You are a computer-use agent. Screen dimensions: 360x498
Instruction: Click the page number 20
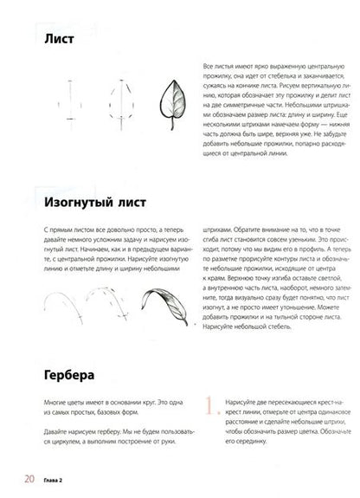(x=29, y=478)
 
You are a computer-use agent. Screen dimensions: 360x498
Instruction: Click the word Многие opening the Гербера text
(x=55, y=404)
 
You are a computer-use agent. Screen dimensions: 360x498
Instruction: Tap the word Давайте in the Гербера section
(x=57, y=430)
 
